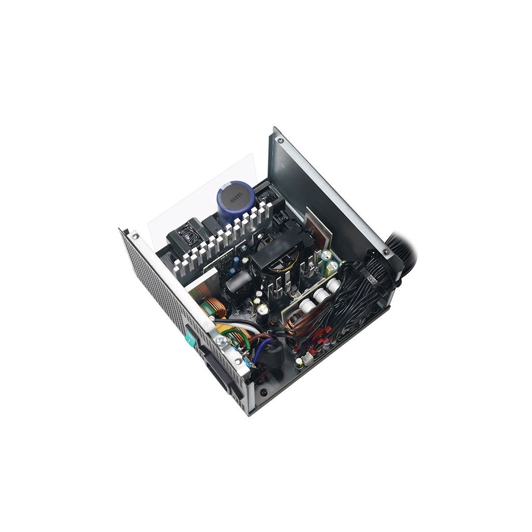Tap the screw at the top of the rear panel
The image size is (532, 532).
click(281, 140)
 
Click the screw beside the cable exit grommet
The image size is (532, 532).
click(385, 252)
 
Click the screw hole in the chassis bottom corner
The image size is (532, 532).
click(264, 392)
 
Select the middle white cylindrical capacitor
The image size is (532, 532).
click(322, 295)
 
